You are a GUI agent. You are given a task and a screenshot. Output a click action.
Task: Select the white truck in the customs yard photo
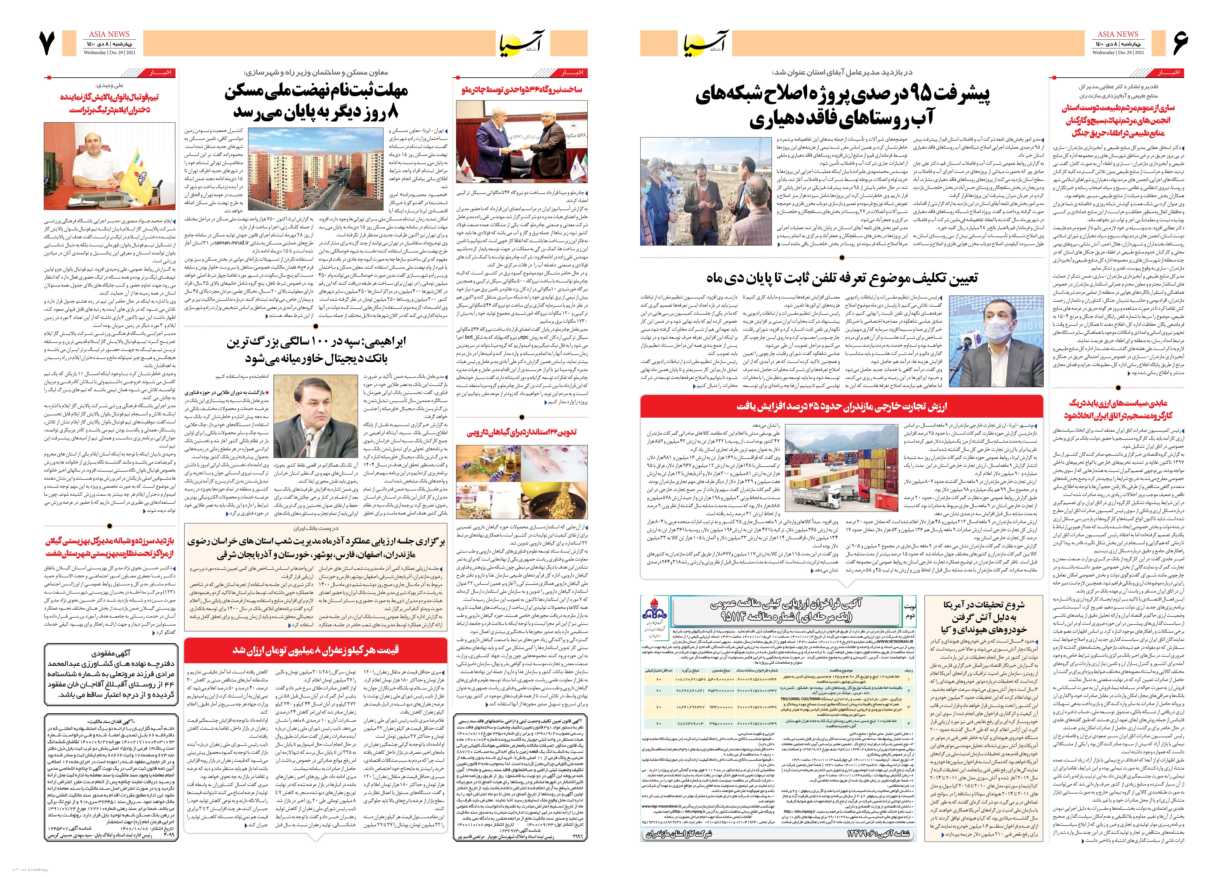813,495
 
